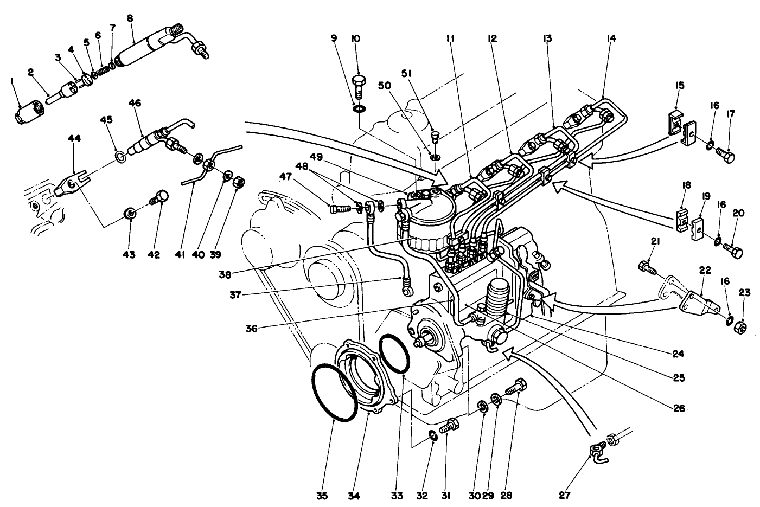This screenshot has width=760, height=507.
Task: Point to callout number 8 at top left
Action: pyautogui.click(x=129, y=18)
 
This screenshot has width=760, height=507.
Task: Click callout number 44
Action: pyautogui.click(x=74, y=139)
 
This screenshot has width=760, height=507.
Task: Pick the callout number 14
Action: pyautogui.click(x=611, y=38)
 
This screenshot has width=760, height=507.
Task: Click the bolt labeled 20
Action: pyautogui.click(x=733, y=251)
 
